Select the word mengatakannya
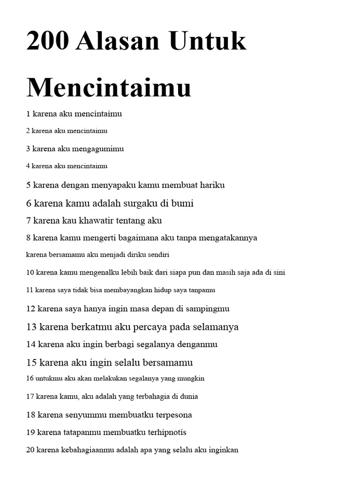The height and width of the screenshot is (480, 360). click(x=228, y=238)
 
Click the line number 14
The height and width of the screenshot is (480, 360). click(x=31, y=345)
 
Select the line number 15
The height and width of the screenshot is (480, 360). click(x=31, y=363)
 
